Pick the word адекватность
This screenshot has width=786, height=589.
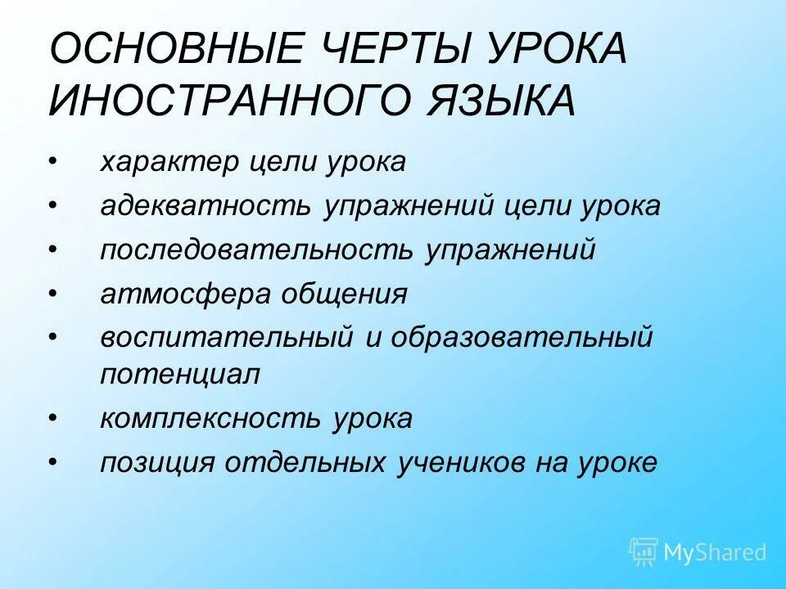pos(205,206)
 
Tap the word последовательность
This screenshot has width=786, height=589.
pos(257,250)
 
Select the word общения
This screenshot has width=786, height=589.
pos(345,294)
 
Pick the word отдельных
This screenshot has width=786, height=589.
pos(316,463)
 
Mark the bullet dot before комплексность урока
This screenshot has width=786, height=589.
pos(54,419)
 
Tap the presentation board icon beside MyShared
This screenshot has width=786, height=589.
pos(644,552)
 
